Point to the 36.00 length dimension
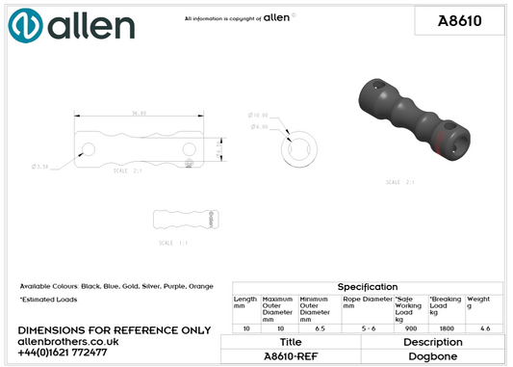click(139, 113)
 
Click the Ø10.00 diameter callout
click(258, 115)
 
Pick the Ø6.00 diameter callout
click(259, 126)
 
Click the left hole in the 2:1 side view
click(88, 148)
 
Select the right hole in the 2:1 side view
click(189, 148)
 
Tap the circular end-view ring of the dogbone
click(299, 147)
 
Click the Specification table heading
click(367, 287)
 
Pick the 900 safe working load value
click(410, 328)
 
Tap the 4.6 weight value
click(484, 328)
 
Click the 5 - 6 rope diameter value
click(367, 328)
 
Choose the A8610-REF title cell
click(290, 355)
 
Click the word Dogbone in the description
click(433, 355)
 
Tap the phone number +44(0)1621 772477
click(63, 353)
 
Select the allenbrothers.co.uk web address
click(68, 341)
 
